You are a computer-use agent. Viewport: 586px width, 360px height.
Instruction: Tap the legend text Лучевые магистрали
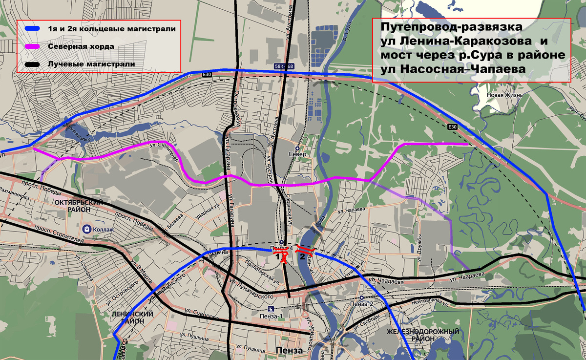(x=91, y=64)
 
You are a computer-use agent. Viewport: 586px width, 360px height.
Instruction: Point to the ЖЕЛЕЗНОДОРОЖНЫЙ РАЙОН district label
(x=422, y=336)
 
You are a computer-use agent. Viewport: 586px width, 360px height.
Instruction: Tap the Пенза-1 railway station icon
(x=270, y=309)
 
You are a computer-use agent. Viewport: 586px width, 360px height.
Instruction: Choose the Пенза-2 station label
(x=361, y=304)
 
